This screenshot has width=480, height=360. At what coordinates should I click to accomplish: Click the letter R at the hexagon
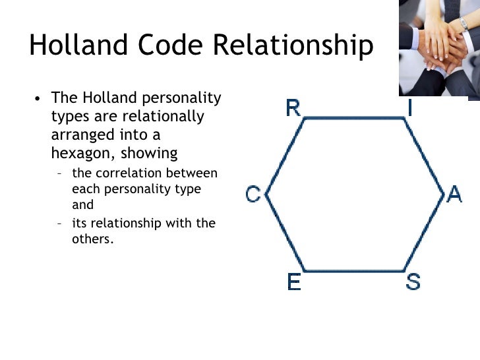point(293,108)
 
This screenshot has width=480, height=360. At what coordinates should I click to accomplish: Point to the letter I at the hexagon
point(410,107)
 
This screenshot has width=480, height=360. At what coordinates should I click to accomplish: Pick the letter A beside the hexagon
point(454,195)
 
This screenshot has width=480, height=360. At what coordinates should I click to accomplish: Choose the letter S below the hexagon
point(413,282)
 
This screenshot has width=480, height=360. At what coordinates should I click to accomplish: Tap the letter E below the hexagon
point(294,282)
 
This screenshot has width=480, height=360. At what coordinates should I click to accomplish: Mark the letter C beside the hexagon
point(253,195)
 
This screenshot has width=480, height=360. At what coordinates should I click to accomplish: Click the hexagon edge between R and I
point(353,119)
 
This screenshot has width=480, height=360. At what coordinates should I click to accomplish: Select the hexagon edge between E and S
point(353,271)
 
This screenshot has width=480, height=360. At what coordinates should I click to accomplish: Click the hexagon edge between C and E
point(284,233)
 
